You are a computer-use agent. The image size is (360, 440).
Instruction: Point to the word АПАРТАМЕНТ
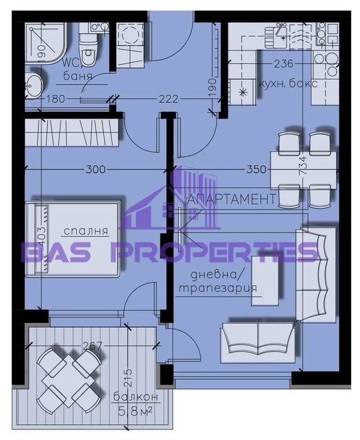[232, 200]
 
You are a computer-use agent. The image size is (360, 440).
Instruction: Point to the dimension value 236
[284, 64]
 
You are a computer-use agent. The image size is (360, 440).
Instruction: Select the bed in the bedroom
[72, 238]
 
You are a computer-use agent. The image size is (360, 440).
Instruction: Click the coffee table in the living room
[265, 281]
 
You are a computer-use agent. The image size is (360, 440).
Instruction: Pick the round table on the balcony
[69, 379]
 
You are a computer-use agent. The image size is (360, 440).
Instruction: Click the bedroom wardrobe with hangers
[72, 133]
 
